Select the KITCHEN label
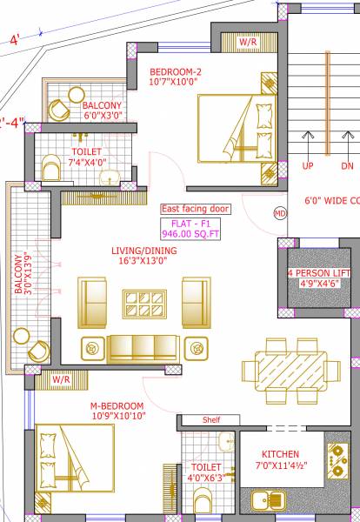[280, 454]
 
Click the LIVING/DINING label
[145, 251]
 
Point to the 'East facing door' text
[195, 209]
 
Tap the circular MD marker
[280, 212]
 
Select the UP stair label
[308, 165]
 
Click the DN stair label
[347, 165]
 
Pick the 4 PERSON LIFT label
[320, 272]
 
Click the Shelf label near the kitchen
[211, 419]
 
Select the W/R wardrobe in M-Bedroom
[60, 380]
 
